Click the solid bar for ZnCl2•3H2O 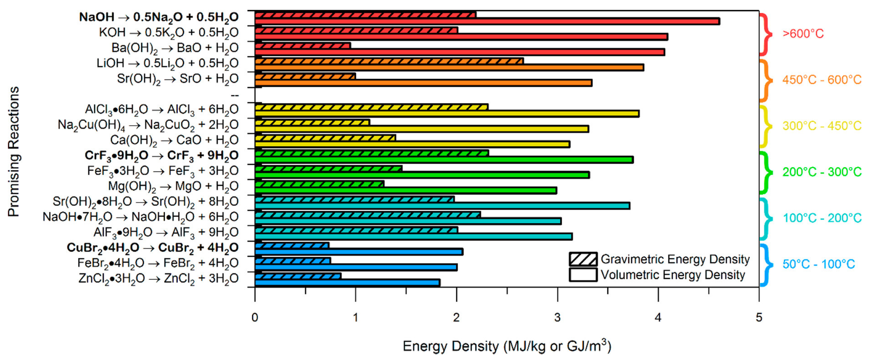(x=347, y=283)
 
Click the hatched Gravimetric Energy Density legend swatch (x=583, y=259)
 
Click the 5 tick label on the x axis (x=759, y=318)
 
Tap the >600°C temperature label (x=803, y=34)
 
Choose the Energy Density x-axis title (x=507, y=346)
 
